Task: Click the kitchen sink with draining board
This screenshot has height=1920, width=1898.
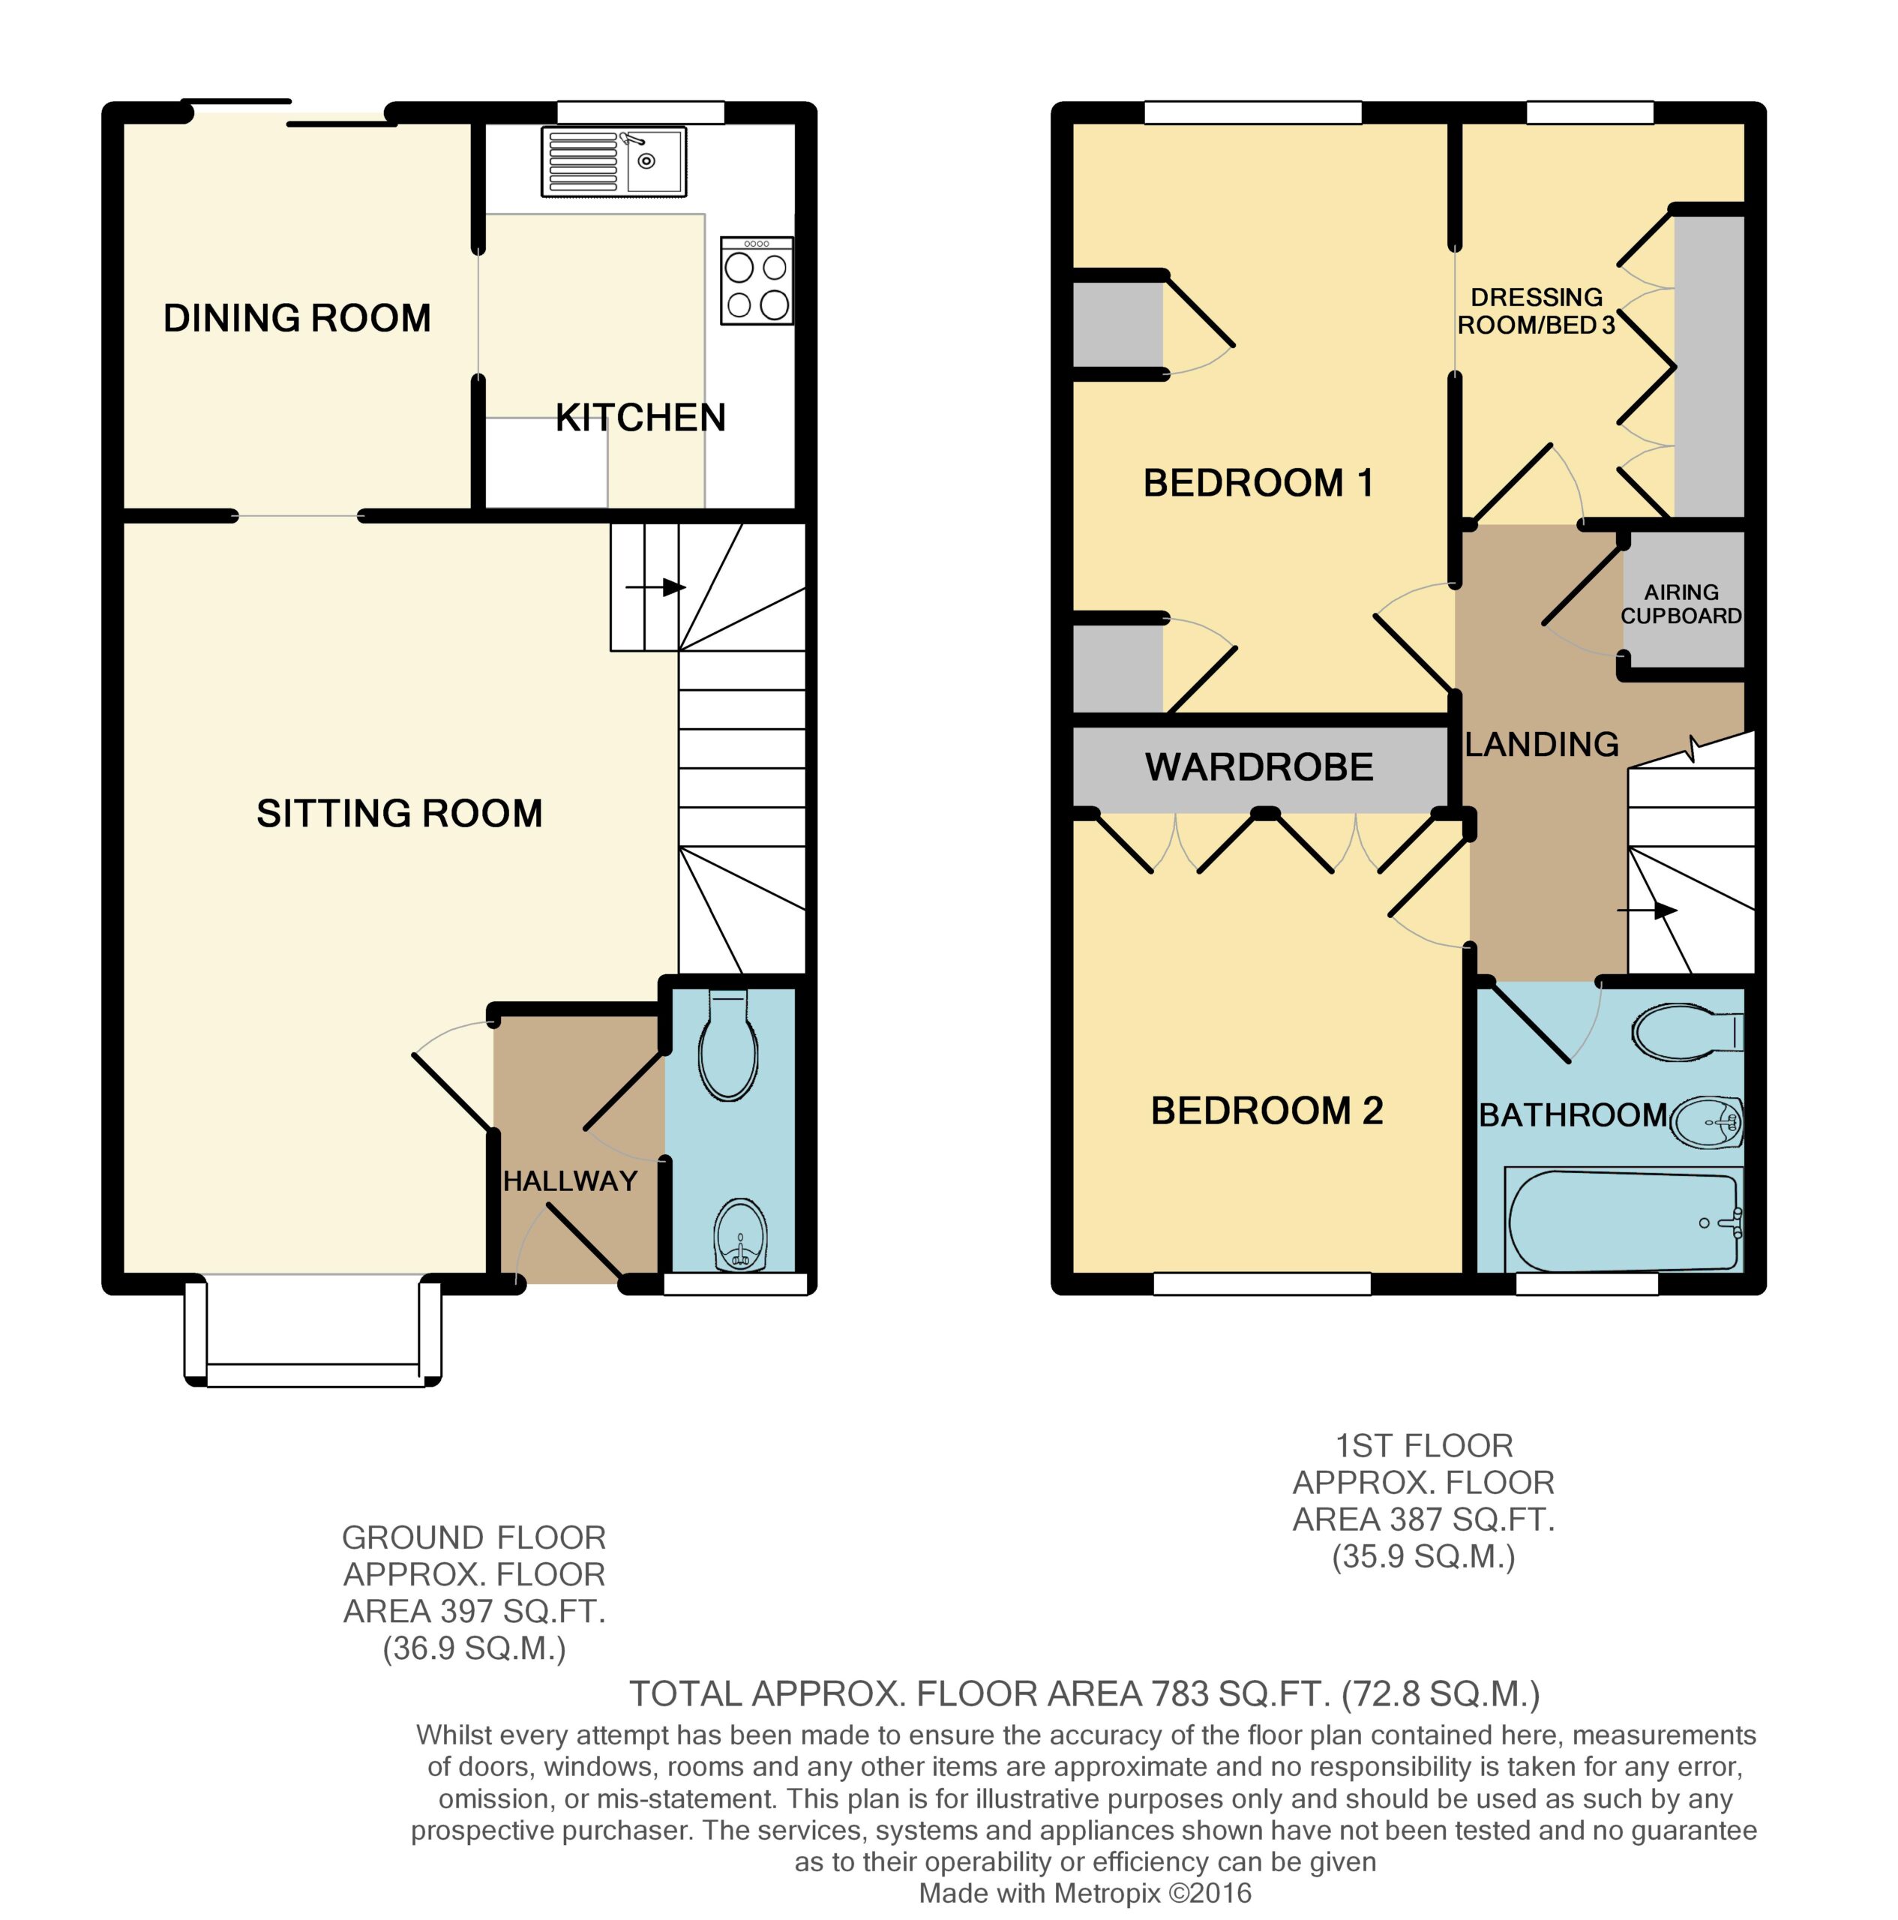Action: coord(613,161)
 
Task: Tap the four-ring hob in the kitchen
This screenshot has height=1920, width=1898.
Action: coord(756,280)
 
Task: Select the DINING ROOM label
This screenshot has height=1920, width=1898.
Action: coord(297,318)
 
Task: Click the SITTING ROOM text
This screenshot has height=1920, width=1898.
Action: coord(400,813)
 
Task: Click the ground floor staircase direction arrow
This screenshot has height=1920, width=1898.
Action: coord(656,587)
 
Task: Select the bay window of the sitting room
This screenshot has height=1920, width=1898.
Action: coord(313,1330)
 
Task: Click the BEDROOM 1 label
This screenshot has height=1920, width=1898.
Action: coord(1258,483)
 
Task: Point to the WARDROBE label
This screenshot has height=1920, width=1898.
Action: coord(1259,766)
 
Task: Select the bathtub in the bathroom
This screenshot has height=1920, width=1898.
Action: coord(1624,1219)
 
